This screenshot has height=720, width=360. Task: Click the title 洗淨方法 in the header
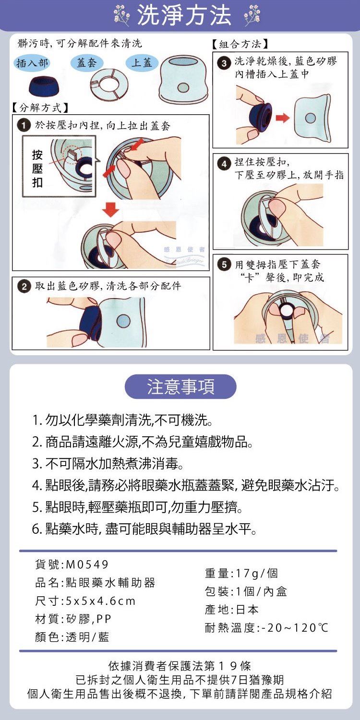click(184, 16)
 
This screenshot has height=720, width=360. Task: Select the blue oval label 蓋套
click(86, 63)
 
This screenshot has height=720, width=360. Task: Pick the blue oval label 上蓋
click(142, 63)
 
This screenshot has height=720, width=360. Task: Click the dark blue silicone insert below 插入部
click(41, 85)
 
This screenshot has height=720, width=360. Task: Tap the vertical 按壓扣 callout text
click(37, 169)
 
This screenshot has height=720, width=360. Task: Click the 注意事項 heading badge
click(180, 387)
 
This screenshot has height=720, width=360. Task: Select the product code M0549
click(87, 564)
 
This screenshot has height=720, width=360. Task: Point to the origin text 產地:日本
click(232, 610)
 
